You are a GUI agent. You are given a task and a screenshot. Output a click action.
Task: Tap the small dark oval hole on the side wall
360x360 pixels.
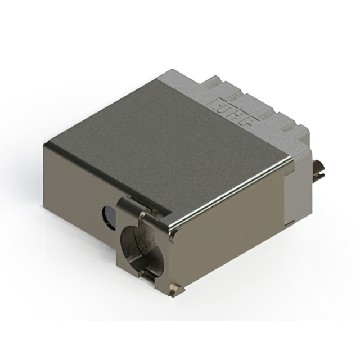[x=107, y=214]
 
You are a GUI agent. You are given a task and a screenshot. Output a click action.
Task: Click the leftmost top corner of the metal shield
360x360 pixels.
[x=45, y=143]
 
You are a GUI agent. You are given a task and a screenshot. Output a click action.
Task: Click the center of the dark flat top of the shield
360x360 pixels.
[x=169, y=146]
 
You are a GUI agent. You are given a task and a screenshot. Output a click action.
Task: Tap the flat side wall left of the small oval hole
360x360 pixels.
[x=73, y=186]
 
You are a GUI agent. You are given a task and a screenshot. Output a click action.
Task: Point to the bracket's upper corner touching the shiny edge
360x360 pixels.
[x=169, y=227]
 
